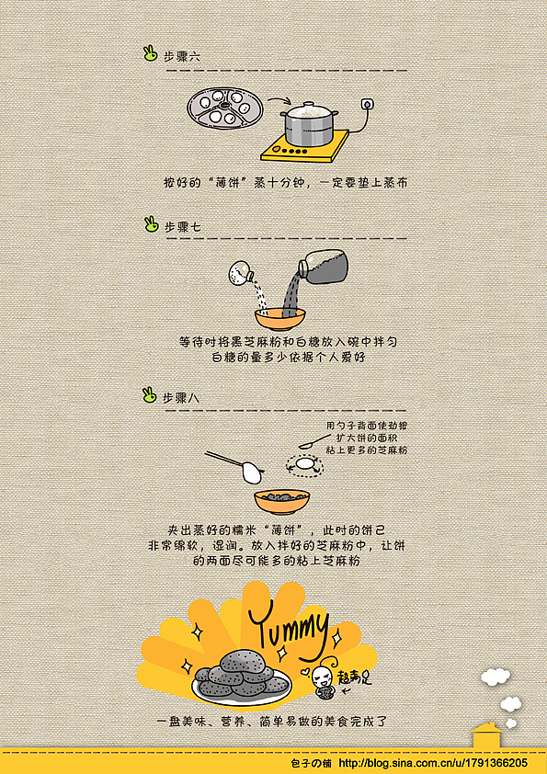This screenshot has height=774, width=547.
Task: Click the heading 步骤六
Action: click(182, 56)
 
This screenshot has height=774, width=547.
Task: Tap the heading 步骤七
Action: click(182, 226)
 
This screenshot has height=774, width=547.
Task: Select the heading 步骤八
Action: click(182, 398)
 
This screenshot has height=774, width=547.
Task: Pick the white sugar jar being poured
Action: click(241, 272)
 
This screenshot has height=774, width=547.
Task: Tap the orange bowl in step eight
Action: click(281, 500)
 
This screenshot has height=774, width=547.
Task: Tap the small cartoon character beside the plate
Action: click(323, 680)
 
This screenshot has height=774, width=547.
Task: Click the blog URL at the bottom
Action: click(433, 763)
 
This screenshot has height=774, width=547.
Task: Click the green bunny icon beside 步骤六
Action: click(150, 54)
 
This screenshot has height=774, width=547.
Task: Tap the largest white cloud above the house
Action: click(495, 677)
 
